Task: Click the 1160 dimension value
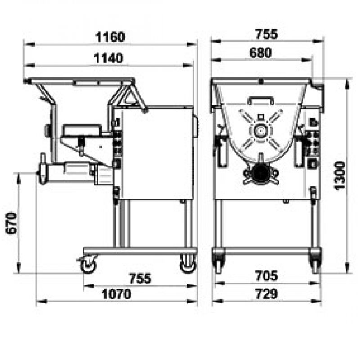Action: [x=110, y=37]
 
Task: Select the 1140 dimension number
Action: [x=108, y=58]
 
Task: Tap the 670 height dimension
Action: [x=12, y=224]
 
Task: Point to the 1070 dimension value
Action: [x=116, y=294]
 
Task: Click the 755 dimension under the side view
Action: [x=140, y=278]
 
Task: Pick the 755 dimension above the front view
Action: [x=266, y=34]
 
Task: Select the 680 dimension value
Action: [x=261, y=53]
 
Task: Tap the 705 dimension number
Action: [x=266, y=275]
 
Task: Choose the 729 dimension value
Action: [x=266, y=294]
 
